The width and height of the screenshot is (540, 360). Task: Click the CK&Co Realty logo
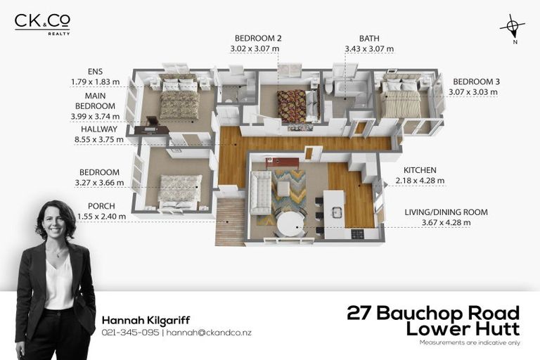click(x=42, y=24)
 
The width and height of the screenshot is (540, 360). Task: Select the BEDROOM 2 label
click(x=258, y=38)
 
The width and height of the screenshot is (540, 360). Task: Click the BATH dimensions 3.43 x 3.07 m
click(x=369, y=49)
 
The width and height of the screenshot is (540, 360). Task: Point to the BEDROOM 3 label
click(x=476, y=82)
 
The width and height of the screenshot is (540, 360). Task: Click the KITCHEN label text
click(x=420, y=170)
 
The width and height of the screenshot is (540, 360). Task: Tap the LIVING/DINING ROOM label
click(x=446, y=212)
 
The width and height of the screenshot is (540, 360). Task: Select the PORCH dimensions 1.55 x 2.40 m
click(x=101, y=217)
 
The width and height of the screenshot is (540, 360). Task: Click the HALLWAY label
click(x=99, y=129)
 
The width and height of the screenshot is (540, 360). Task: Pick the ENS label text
click(x=95, y=72)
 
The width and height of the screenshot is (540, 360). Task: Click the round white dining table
click(x=291, y=224)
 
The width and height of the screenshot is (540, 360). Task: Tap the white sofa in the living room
click(x=260, y=193)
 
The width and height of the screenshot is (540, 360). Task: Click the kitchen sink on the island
click(x=337, y=212)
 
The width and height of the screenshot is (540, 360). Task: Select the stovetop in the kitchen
click(x=357, y=235)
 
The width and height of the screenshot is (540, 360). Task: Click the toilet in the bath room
click(x=328, y=86)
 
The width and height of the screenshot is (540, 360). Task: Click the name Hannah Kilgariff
click(x=146, y=321)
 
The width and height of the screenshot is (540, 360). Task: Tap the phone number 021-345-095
click(x=131, y=333)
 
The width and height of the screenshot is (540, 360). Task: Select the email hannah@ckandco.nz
click(x=209, y=333)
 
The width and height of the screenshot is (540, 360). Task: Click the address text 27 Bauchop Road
click(x=433, y=313)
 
